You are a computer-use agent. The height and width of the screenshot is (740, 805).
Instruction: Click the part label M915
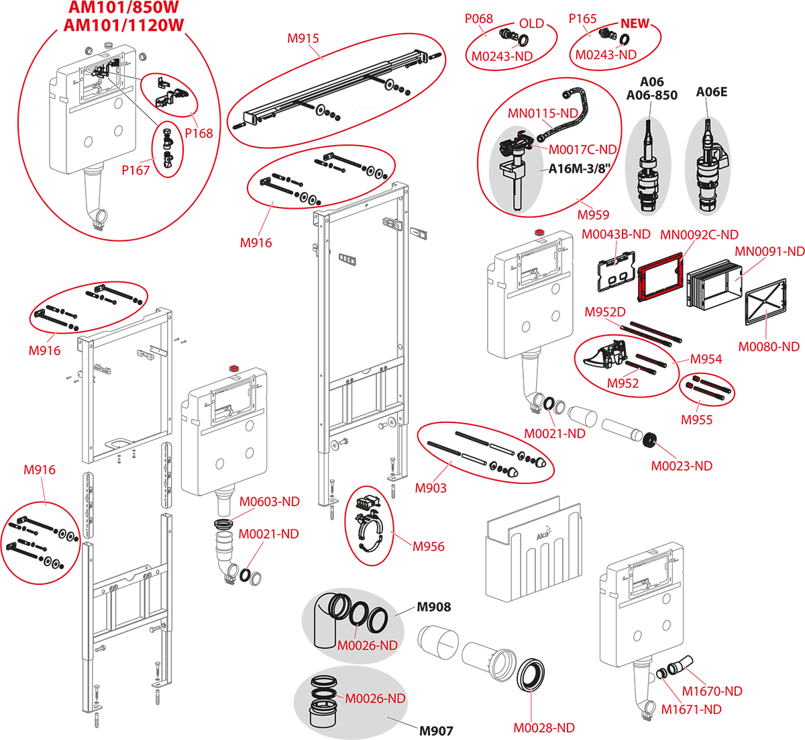click(x=303, y=38)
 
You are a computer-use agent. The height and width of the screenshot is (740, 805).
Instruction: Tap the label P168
click(x=199, y=133)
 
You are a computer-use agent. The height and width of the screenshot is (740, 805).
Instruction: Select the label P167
click(x=136, y=170)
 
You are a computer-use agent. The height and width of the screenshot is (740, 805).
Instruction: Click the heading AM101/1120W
click(x=124, y=26)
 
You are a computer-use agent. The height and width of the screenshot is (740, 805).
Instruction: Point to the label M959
click(x=593, y=215)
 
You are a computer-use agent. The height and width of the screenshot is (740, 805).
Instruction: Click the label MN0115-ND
click(x=543, y=113)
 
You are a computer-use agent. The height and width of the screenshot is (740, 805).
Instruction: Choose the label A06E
click(x=711, y=92)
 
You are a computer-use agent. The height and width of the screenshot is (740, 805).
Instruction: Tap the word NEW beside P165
click(x=635, y=24)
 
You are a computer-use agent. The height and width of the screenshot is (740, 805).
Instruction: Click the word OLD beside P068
click(x=531, y=24)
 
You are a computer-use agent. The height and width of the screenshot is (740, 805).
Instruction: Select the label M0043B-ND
click(x=616, y=234)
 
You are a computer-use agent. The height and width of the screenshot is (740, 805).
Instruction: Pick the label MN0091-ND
click(x=769, y=252)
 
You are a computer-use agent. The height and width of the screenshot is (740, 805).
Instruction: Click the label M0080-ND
click(x=769, y=346)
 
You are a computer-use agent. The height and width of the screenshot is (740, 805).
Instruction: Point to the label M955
click(x=696, y=420)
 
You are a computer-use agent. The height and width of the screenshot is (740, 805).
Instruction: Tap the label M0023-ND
click(x=682, y=465)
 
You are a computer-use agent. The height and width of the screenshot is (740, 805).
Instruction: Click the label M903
click(x=431, y=488)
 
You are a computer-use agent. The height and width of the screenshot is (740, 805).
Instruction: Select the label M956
click(x=428, y=546)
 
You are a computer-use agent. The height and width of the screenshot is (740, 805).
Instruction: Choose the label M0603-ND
click(x=270, y=502)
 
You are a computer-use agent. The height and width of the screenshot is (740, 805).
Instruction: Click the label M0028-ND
click(x=544, y=728)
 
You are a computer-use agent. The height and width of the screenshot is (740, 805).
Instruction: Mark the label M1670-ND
click(x=712, y=691)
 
